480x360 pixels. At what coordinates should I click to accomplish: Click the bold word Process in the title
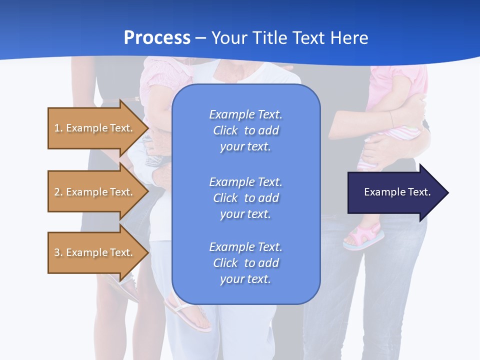[157, 38]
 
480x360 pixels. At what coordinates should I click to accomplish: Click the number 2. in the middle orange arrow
[58, 192]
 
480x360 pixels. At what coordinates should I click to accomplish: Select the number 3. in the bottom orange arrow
[58, 252]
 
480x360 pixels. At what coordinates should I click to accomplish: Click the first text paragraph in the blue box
[245, 130]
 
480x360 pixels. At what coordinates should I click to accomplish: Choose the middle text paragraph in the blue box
[245, 198]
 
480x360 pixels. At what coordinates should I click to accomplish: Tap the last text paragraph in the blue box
[245, 263]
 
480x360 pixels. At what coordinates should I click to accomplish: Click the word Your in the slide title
[228, 38]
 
